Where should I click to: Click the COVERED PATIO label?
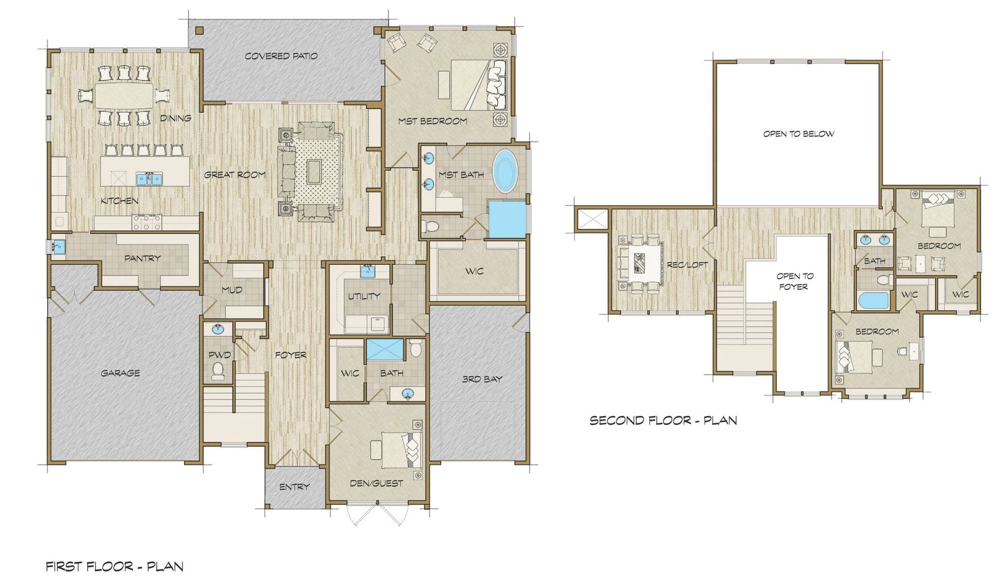point(281,56)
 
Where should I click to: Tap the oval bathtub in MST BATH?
point(506,171)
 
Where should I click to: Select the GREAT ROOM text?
point(235,175)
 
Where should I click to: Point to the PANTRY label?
point(142,258)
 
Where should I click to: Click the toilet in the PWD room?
point(218,371)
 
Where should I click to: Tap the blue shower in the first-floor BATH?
point(385,349)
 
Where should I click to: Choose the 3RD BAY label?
point(482,379)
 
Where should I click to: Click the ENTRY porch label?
point(294,486)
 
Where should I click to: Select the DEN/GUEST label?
point(376,483)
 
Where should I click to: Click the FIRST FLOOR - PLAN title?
point(114,567)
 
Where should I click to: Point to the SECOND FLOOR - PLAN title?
point(663,421)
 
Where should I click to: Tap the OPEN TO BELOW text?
point(799,134)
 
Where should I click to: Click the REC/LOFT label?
point(687,265)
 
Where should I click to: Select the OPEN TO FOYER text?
point(794,281)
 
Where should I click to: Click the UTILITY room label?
point(364,296)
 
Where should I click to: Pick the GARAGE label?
point(120,373)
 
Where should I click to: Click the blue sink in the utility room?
point(368,271)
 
